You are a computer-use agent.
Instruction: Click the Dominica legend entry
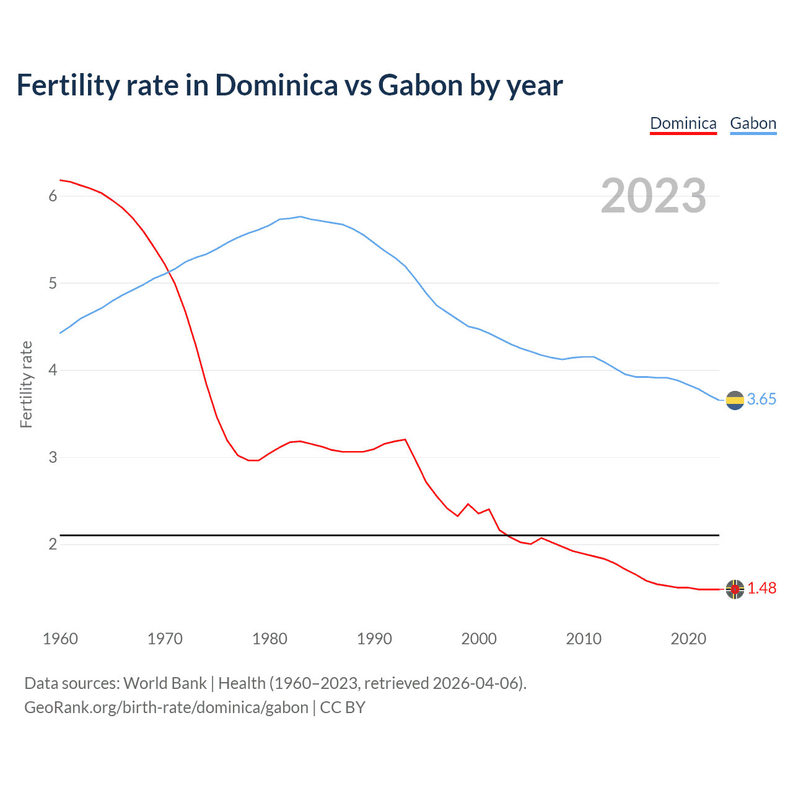683,123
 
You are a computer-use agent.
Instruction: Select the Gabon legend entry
753,123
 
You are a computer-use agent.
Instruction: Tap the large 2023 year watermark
653,196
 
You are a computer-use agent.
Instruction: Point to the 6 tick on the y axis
53,196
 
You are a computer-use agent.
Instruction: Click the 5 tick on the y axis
53,284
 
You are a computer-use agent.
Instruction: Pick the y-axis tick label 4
53,370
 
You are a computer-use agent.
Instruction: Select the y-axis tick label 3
53,458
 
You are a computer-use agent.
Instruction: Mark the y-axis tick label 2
53,545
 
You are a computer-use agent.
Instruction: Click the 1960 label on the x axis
60,639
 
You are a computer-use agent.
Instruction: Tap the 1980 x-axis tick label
269,639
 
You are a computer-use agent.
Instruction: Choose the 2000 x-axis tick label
479,639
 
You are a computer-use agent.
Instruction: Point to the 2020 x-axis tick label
688,639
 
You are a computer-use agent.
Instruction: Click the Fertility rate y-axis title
26,384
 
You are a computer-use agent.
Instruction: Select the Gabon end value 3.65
761,400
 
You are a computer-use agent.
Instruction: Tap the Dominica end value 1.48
761,589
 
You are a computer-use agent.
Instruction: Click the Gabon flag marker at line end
735,400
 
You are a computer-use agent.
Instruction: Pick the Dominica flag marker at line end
735,589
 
